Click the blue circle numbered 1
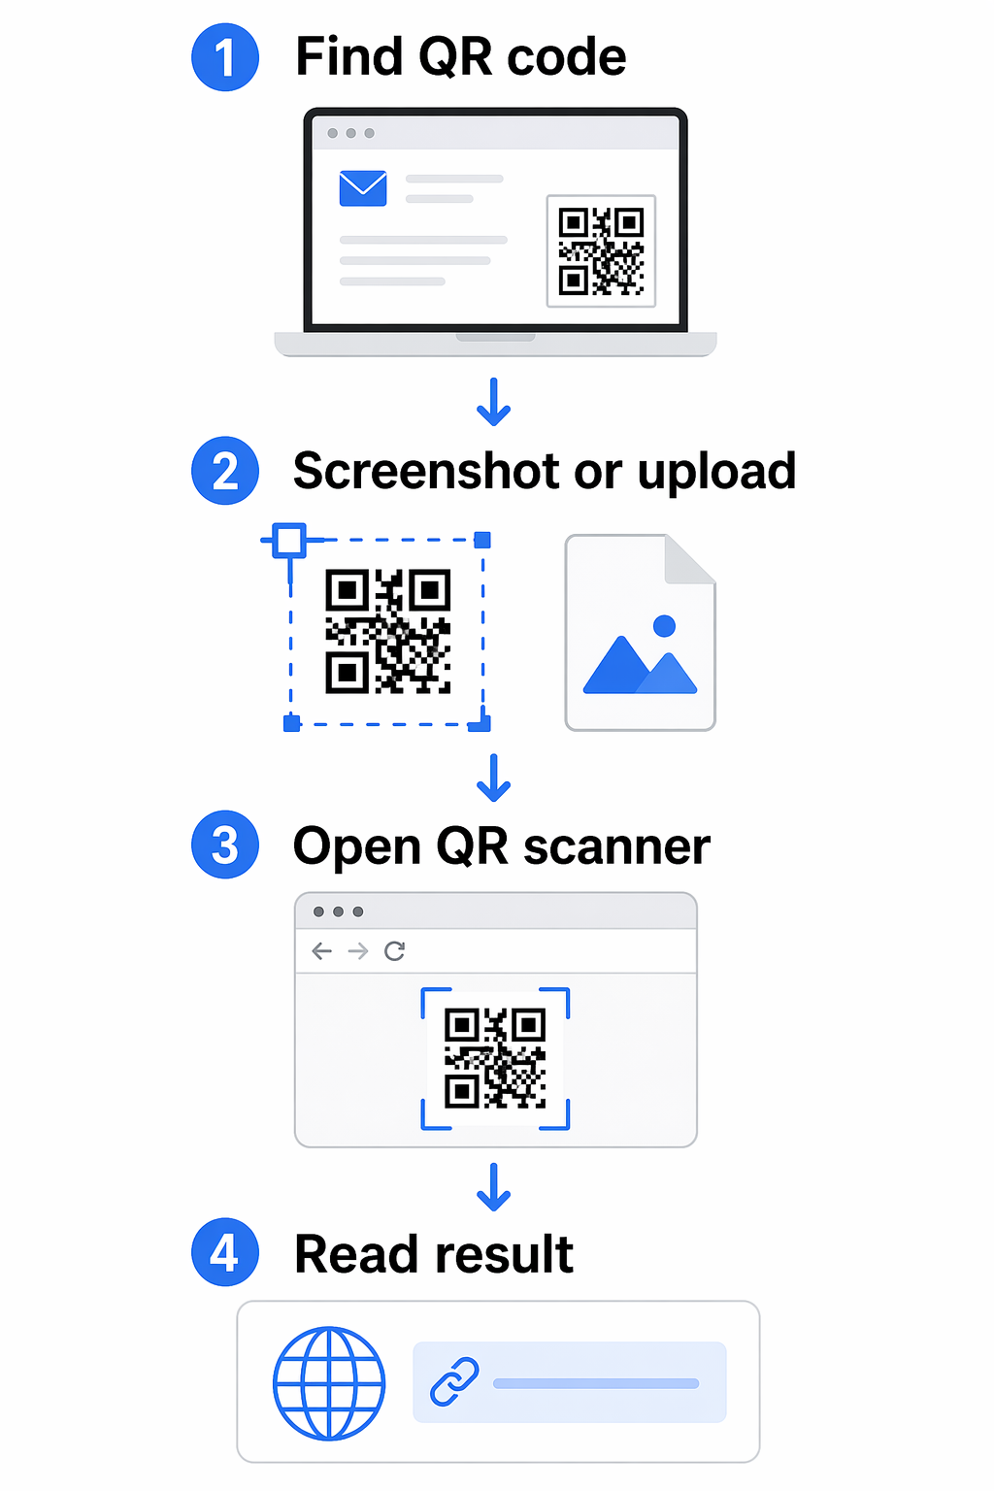tap(225, 57)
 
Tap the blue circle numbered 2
tap(225, 471)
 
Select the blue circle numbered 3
tap(225, 845)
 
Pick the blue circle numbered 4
tap(225, 1252)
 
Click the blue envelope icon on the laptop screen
tap(363, 188)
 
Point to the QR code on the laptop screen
tap(601, 251)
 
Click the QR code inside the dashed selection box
tap(388, 631)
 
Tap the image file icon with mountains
tap(641, 632)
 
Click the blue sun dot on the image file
tap(664, 626)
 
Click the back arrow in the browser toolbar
tap(322, 951)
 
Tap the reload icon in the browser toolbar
tap(395, 951)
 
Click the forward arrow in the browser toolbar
tap(358, 951)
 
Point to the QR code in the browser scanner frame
tap(495, 1058)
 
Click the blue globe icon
tap(330, 1383)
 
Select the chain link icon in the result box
tap(454, 1382)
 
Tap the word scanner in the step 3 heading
tap(616, 846)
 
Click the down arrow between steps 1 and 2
tap(494, 402)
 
